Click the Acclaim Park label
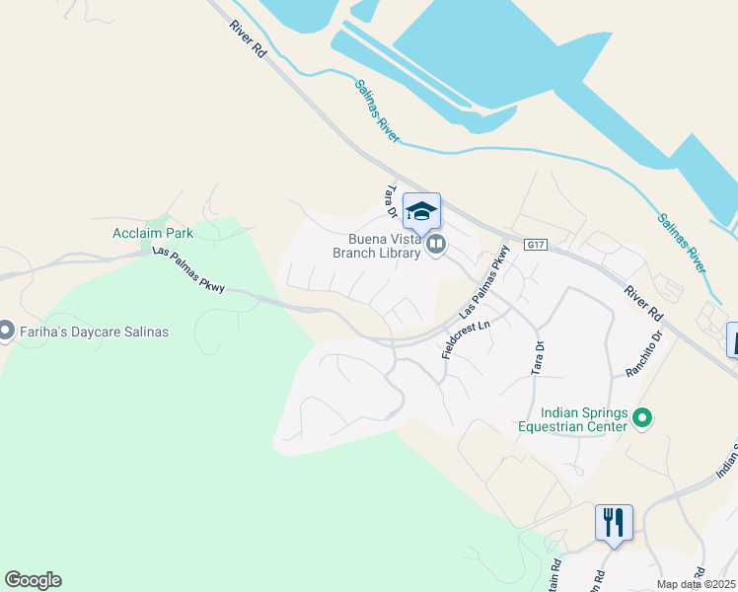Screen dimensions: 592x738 click(152, 234)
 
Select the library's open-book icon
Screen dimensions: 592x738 click(435, 245)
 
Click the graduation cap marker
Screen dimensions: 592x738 click(421, 211)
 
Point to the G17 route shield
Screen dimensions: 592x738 click(536, 245)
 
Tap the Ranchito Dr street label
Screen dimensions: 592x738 click(647, 356)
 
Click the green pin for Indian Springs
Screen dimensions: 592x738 click(642, 419)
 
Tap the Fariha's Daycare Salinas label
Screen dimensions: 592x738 click(94, 332)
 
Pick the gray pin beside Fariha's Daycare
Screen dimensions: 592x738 click(6, 332)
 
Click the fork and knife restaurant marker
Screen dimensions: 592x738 click(614, 523)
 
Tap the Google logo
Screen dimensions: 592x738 click(33, 580)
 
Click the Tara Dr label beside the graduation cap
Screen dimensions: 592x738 click(391, 201)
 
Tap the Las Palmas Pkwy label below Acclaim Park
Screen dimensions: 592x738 click(189, 269)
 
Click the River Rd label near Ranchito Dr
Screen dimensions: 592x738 click(642, 303)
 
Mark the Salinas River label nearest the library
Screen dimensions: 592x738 click(377, 111)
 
